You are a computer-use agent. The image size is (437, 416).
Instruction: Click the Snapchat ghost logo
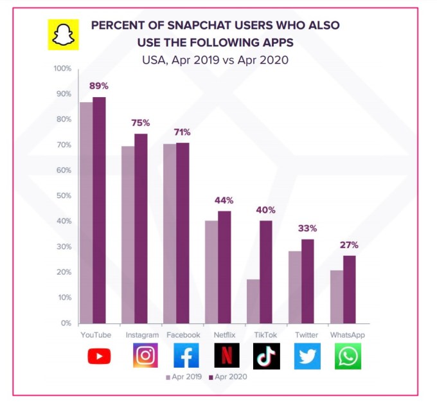pos(62,34)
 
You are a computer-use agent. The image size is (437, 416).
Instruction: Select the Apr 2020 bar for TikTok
pos(265,271)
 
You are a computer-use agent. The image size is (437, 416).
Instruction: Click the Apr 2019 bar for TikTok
pos(253,301)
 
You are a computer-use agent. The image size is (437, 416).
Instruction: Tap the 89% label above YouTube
pos(99,86)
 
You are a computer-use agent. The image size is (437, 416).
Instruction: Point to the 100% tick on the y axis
pos(62,68)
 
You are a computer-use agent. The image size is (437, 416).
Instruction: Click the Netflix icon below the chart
pos(226,356)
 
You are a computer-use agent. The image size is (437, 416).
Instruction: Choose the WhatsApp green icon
pos(348,356)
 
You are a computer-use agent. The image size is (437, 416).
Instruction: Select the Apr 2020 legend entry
pos(227,377)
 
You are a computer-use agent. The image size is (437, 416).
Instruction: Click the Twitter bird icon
pos(307,356)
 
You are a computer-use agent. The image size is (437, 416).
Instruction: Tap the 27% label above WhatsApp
pos(349,245)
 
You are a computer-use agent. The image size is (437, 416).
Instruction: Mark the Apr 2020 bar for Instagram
pos(141,228)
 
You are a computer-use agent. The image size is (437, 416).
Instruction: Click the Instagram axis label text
pos(141,335)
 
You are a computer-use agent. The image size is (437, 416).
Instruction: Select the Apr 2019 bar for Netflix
pos(211,271)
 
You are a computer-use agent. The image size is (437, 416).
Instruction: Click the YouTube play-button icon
pos(99,356)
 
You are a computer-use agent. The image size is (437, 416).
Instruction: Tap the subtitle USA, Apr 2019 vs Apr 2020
pos(215,60)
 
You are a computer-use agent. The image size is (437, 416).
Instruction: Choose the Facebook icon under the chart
pos(186,356)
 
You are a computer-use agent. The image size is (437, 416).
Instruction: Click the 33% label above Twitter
pos(307,228)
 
